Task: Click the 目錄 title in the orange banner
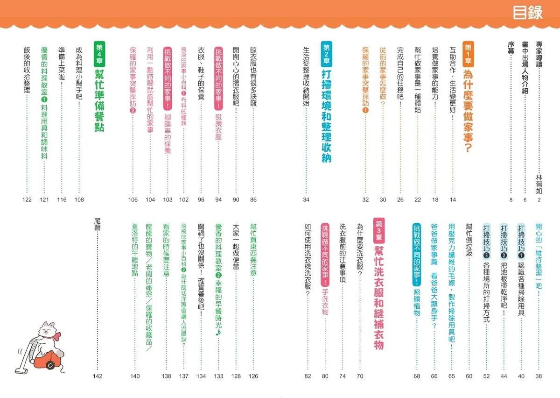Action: coord(527,13)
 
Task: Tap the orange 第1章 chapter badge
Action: coord(468,54)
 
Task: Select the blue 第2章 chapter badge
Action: coord(326,54)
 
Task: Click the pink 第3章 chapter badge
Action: coord(379,230)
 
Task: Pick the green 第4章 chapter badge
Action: coord(99,54)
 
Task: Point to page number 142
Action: coord(98,376)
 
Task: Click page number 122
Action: coord(27,199)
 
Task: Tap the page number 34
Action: coord(306,199)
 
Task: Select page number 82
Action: coord(308,376)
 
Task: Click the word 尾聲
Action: coord(97,224)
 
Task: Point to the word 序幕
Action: coord(511,48)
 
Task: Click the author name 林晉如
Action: coord(539,184)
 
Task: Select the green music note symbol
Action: coord(218,333)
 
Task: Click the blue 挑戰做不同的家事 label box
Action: coord(417,255)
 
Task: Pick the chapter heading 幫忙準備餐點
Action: coord(99,100)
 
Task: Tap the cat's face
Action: coord(47,330)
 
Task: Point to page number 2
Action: coord(539,199)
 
